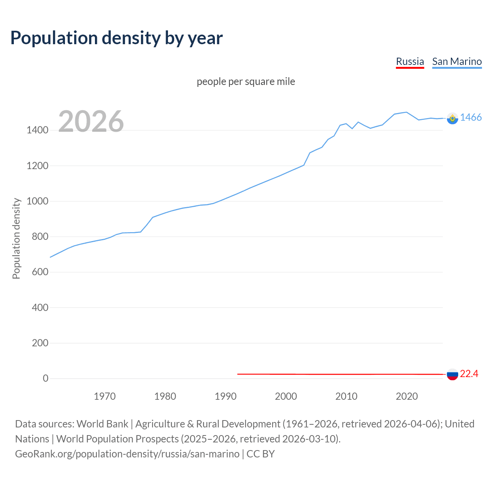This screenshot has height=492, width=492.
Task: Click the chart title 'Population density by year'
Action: [x=116, y=38]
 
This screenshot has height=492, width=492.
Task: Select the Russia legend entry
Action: [x=410, y=61]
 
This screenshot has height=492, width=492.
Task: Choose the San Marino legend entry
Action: [x=457, y=61]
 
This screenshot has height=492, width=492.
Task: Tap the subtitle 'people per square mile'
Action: [x=246, y=81]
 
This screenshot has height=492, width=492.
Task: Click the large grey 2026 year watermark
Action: [x=91, y=121]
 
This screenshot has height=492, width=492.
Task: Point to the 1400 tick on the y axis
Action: [x=37, y=130]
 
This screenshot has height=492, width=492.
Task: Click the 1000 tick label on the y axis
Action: [x=37, y=201]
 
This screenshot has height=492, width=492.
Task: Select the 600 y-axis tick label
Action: [x=40, y=272]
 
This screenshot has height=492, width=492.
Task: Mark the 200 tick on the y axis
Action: [x=40, y=343]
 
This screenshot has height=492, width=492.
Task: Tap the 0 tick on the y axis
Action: [x=46, y=379]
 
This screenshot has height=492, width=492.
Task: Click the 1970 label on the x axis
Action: [x=105, y=396]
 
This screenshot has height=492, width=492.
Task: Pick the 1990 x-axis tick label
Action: [x=226, y=396]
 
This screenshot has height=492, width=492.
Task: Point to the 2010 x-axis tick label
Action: [x=346, y=396]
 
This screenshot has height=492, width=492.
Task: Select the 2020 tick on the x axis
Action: [x=407, y=396]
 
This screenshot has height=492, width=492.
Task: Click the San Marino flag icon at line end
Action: [x=452, y=118]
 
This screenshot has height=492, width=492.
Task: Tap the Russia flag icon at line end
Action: [x=452, y=374]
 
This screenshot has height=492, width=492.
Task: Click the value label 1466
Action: [x=471, y=118]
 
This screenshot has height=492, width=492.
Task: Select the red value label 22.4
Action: [x=469, y=374]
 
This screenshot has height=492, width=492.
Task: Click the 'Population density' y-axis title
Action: [x=16, y=238]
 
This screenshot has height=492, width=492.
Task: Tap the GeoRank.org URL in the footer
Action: [x=127, y=454]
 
